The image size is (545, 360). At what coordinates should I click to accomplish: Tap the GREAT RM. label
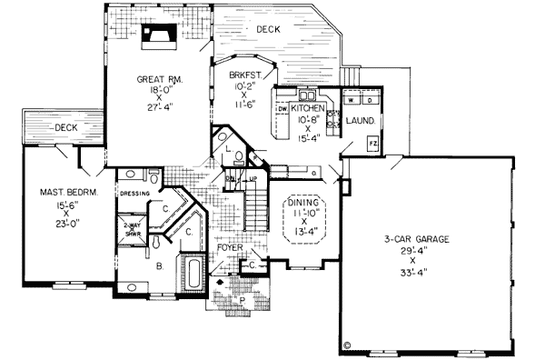click(x=161, y=80)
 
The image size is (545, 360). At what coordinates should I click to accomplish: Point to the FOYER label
click(x=231, y=246)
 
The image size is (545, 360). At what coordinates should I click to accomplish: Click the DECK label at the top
click(x=268, y=30)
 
